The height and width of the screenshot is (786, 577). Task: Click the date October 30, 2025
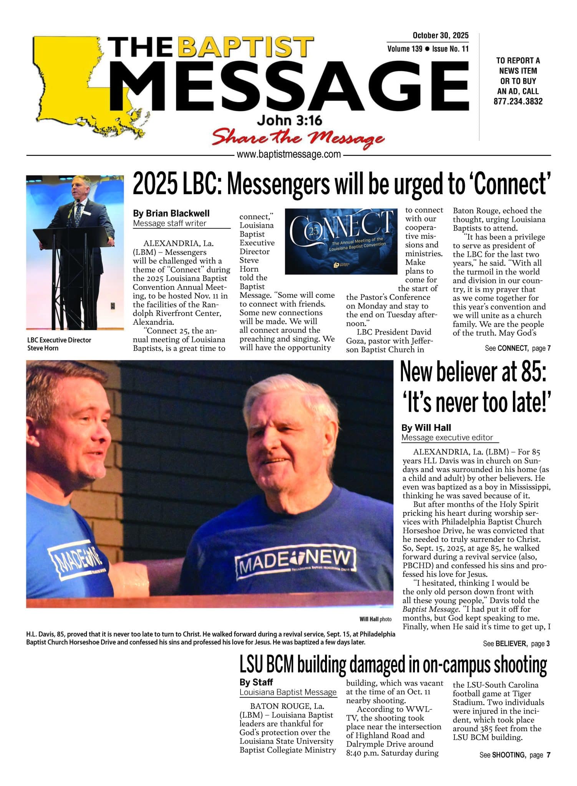(440, 36)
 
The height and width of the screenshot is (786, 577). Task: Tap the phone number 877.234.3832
(518, 102)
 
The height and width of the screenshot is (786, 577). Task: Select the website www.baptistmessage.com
(289, 155)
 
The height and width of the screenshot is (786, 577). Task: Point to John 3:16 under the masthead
(289, 121)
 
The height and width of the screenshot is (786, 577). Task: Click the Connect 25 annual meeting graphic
(341, 241)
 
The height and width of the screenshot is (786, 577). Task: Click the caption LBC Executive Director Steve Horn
(59, 344)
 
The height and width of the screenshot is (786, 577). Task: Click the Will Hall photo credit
(375, 619)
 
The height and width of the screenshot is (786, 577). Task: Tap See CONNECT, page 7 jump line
(517, 348)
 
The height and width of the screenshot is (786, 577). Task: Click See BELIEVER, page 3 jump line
(516, 644)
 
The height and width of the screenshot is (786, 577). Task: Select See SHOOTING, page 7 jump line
(515, 755)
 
